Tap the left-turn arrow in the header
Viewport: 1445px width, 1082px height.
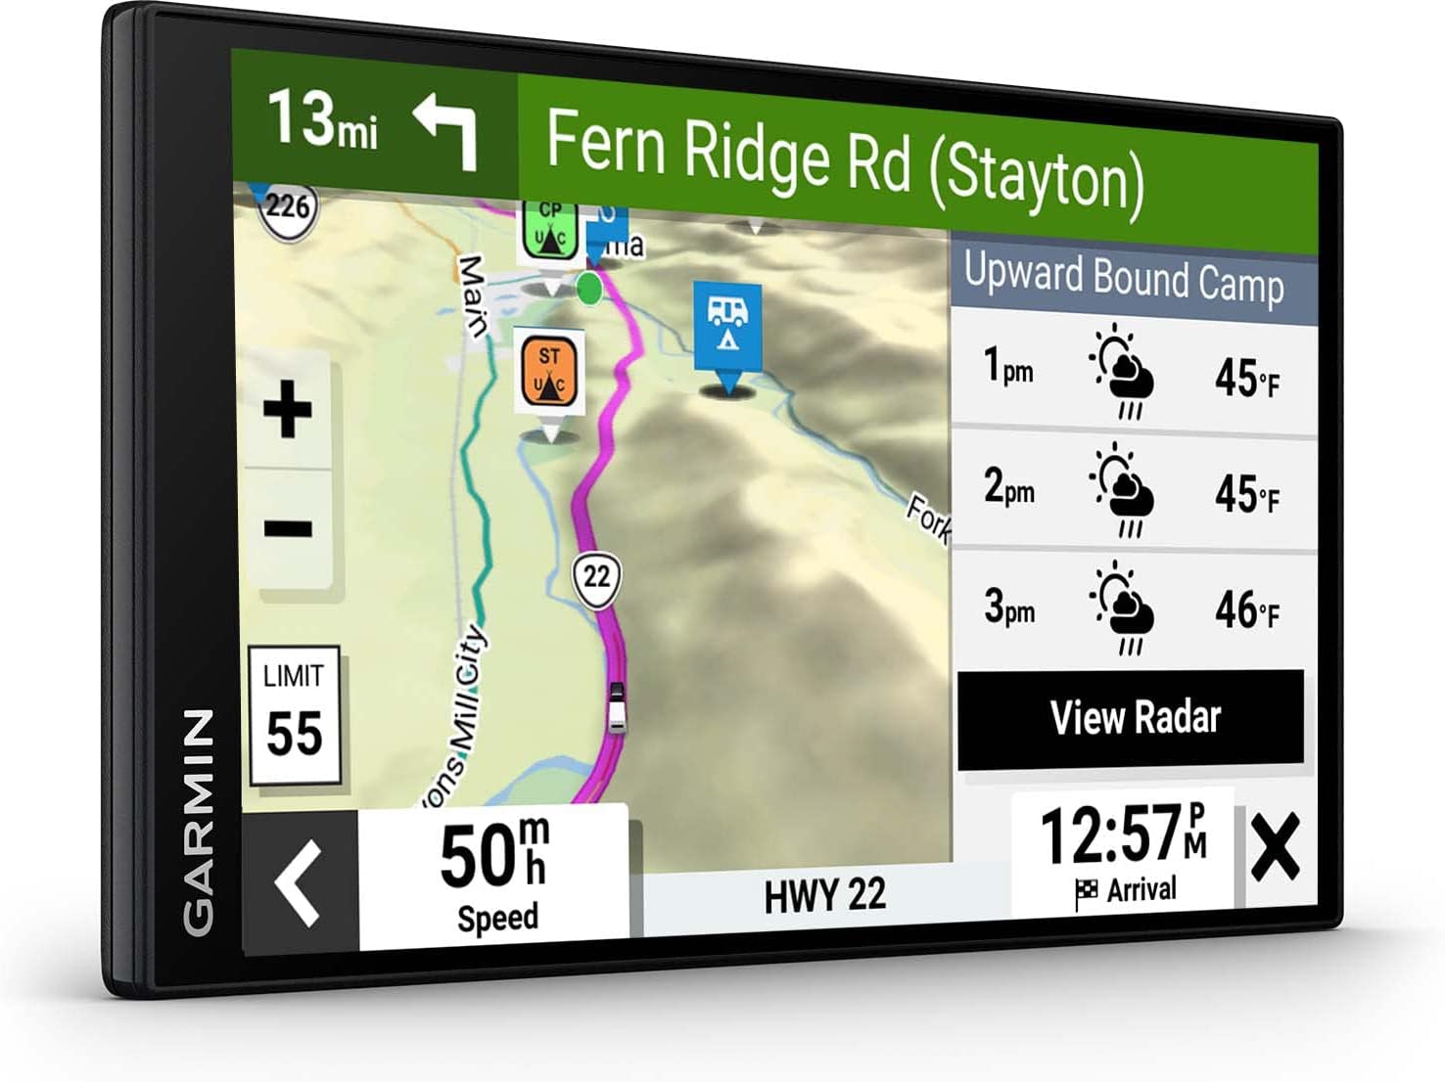coord(446,129)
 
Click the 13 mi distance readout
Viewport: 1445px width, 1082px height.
coord(323,120)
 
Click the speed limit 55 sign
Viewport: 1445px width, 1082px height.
coord(294,716)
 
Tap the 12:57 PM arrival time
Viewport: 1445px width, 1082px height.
coord(1123,851)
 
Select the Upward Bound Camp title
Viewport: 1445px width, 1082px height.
coord(1124,280)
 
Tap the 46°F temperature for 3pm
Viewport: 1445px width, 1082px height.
coord(1246,610)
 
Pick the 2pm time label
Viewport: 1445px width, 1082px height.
coord(1009,486)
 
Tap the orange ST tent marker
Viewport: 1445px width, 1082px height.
coord(549,372)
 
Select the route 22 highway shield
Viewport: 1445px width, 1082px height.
coord(596,577)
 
